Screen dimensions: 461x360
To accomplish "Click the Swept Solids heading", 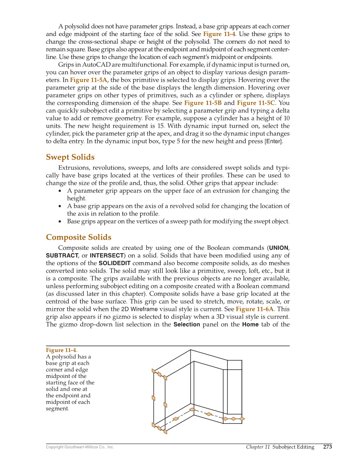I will click(70, 157).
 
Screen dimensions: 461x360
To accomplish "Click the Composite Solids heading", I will click(78, 237).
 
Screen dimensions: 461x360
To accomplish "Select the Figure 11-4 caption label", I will click(61, 350).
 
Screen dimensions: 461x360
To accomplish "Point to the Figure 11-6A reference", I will click(254, 309).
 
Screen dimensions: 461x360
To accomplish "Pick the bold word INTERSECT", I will click(106, 255).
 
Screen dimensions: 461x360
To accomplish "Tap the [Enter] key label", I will click(273, 141).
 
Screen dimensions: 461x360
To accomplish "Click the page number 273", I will click(327, 447).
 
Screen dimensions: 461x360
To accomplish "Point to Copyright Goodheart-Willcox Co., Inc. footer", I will click(80, 447).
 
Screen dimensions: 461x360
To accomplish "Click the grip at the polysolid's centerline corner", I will click(192, 409).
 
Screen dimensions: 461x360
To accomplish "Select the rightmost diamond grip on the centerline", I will click(242, 419).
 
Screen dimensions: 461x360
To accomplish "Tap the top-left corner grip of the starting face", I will click(153, 371).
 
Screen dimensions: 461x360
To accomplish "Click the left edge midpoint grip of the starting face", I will click(153, 397).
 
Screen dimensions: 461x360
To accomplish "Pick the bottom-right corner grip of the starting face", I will click(165, 432).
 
